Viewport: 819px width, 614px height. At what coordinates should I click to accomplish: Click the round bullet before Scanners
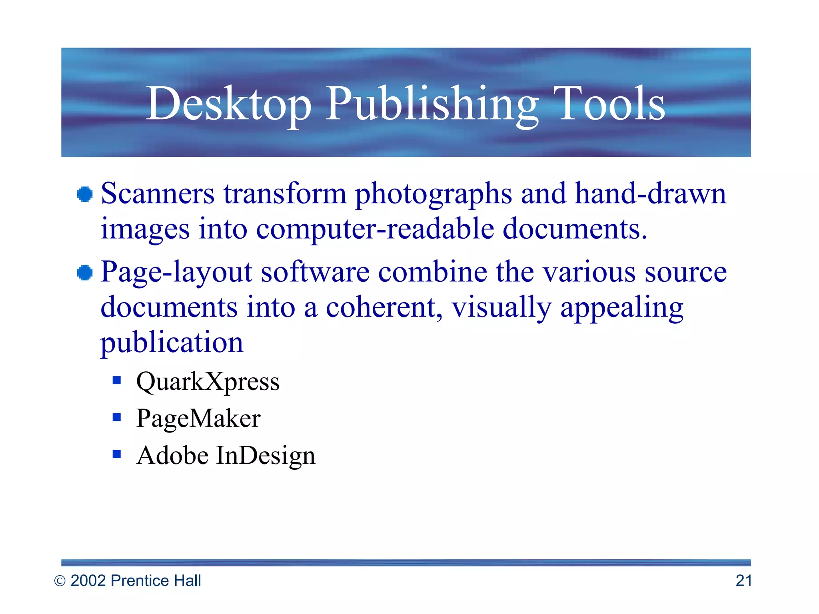(x=85, y=195)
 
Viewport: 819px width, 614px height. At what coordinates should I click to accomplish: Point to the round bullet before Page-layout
(x=85, y=273)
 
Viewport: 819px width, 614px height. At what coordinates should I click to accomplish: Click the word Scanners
(x=158, y=194)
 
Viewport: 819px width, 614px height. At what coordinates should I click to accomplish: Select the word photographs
(x=433, y=195)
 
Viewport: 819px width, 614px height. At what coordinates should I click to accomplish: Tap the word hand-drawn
(x=650, y=194)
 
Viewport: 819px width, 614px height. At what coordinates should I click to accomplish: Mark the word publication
(x=172, y=343)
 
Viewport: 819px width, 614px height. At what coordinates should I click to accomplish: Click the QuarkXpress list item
(x=208, y=382)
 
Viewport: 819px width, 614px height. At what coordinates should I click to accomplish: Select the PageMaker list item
(x=198, y=419)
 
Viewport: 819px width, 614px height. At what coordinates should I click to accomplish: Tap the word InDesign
(x=266, y=456)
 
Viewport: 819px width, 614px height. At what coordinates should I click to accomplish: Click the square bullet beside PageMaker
(x=117, y=417)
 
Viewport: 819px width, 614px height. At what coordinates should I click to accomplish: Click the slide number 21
(x=743, y=580)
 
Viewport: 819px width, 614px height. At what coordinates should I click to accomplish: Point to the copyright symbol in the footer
(x=60, y=581)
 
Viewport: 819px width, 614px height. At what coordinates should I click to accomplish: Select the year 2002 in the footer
(x=88, y=580)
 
